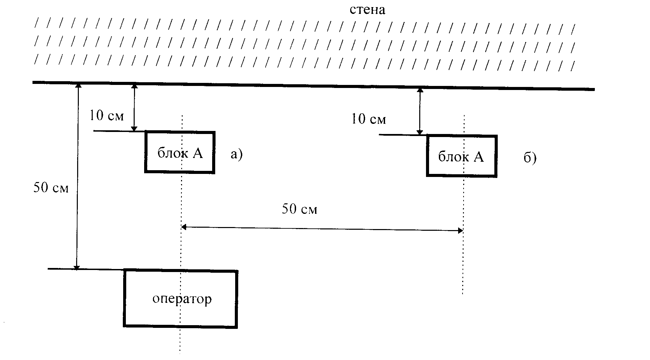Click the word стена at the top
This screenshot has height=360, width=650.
[367, 10]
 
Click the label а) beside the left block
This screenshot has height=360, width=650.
[237, 154]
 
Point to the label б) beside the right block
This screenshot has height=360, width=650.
[530, 158]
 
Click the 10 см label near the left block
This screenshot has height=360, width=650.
[107, 116]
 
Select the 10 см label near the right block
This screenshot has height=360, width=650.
[369, 119]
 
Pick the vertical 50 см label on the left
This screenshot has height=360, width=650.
[51, 188]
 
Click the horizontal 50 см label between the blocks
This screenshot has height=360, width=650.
[299, 209]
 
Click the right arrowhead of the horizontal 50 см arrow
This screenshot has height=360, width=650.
[460, 231]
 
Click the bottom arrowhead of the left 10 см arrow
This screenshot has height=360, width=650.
[134, 129]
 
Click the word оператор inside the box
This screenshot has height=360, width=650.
[182, 299]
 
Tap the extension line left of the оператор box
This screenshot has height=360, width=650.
[86, 269]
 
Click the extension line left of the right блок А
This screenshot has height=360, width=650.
[403, 135]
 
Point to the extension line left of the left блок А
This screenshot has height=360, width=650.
[119, 131]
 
